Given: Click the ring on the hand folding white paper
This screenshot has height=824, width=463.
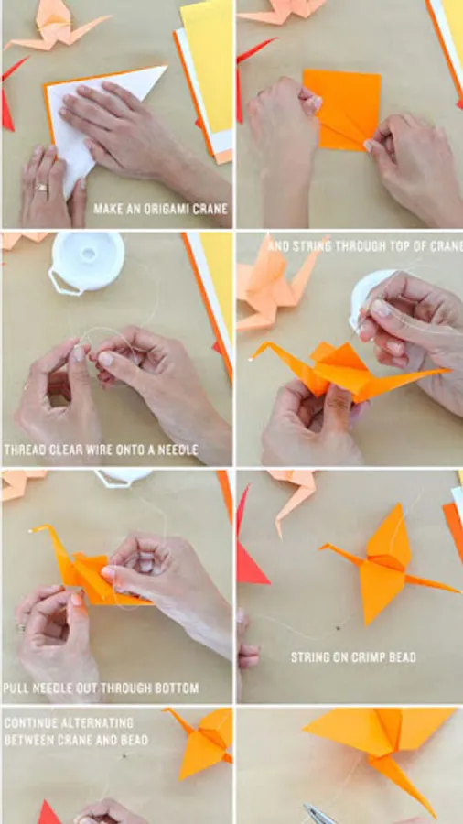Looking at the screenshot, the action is click(40, 187).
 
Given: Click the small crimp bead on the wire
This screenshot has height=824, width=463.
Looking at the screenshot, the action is click(337, 627).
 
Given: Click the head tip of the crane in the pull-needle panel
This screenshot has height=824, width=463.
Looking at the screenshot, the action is click(31, 530).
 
